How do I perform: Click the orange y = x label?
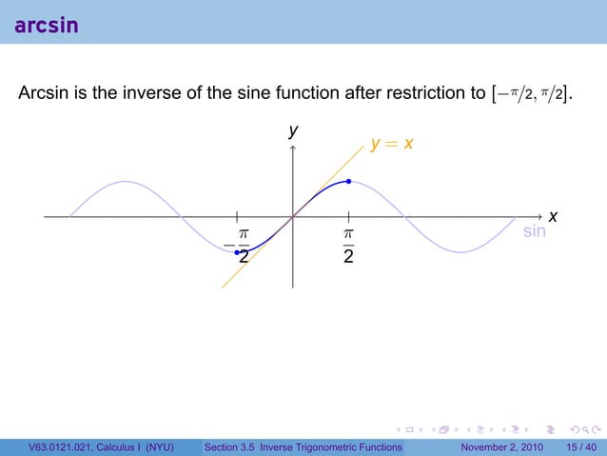click(392, 145)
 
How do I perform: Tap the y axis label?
click(294, 130)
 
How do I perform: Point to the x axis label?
click(552, 219)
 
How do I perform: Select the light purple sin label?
click(535, 231)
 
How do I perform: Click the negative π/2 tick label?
click(239, 245)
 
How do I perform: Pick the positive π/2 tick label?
click(348, 245)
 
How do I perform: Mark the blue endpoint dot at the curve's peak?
click(349, 181)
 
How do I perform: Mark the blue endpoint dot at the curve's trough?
click(237, 252)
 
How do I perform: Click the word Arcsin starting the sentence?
click(44, 93)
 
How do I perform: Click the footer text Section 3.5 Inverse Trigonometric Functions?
click(303, 447)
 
